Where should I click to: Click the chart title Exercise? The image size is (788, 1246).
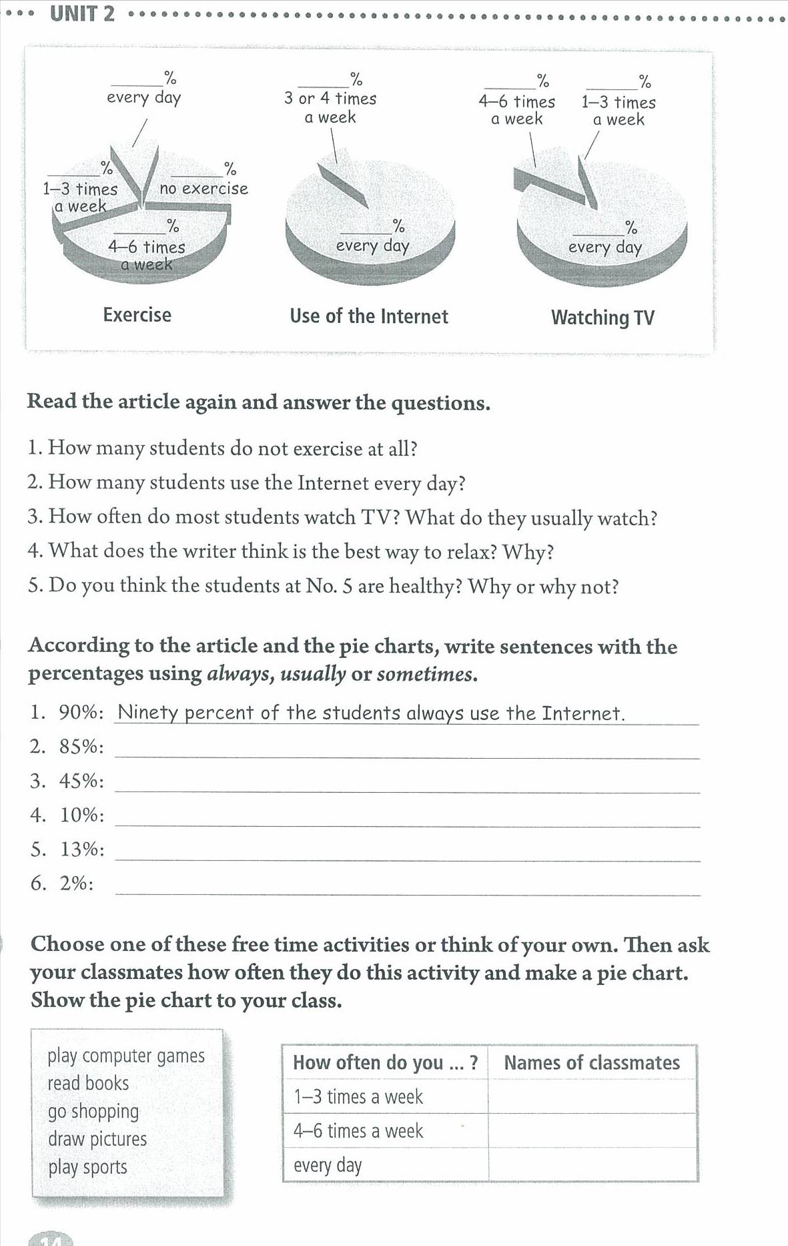click(x=137, y=314)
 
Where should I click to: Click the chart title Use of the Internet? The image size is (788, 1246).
click(x=369, y=316)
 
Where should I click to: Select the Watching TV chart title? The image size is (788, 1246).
click(x=603, y=318)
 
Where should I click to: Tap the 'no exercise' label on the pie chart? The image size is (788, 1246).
click(x=204, y=189)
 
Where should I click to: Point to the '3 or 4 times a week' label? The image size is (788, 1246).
click(x=330, y=107)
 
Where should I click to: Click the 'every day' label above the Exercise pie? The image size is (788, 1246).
click(x=143, y=97)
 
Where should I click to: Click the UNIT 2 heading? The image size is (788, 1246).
click(x=82, y=13)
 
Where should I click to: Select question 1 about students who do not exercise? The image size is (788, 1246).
click(x=223, y=448)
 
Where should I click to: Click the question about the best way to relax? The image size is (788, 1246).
click(x=291, y=551)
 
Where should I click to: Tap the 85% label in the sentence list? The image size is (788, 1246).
click(x=81, y=746)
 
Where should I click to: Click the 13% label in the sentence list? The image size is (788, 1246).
click(x=82, y=849)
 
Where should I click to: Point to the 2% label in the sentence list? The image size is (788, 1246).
click(x=76, y=883)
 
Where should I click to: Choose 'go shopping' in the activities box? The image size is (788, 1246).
click(x=93, y=1111)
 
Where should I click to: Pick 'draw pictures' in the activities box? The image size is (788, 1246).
click(x=97, y=1139)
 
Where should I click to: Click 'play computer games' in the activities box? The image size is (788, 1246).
click(x=126, y=1056)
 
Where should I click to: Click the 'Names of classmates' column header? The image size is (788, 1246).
click(x=592, y=1062)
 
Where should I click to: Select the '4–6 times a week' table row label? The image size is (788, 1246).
click(x=358, y=1131)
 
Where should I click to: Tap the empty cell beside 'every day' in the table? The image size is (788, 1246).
click(x=593, y=1165)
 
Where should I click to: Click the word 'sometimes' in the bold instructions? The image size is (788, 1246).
click(x=426, y=674)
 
